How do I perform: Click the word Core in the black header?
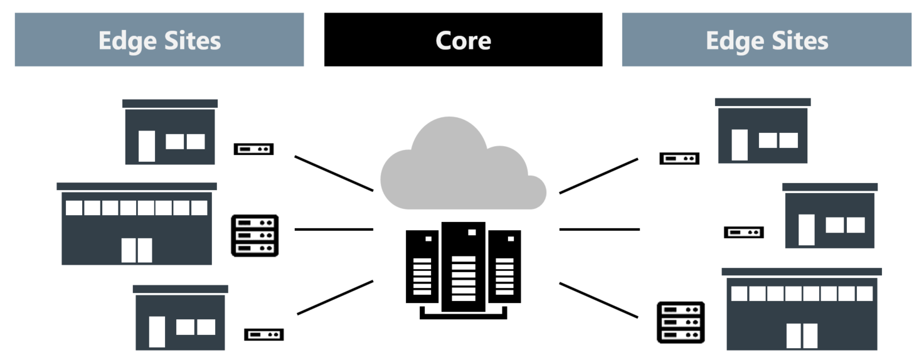(x=463, y=41)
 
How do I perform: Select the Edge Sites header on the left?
(x=159, y=41)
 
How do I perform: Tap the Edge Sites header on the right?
(x=767, y=41)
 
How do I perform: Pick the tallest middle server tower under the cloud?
(x=463, y=267)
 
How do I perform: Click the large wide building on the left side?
(x=137, y=226)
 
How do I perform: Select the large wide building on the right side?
(x=802, y=310)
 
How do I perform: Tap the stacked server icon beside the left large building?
(x=255, y=236)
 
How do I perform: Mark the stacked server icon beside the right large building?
(x=681, y=322)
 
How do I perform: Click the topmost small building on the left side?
(x=170, y=133)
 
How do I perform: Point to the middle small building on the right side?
(x=829, y=217)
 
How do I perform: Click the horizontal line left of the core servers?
(x=334, y=230)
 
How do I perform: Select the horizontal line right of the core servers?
(x=599, y=230)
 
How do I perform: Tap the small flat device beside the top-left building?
(x=253, y=149)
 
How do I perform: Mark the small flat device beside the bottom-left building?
(x=263, y=335)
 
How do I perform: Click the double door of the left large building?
(x=137, y=250)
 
